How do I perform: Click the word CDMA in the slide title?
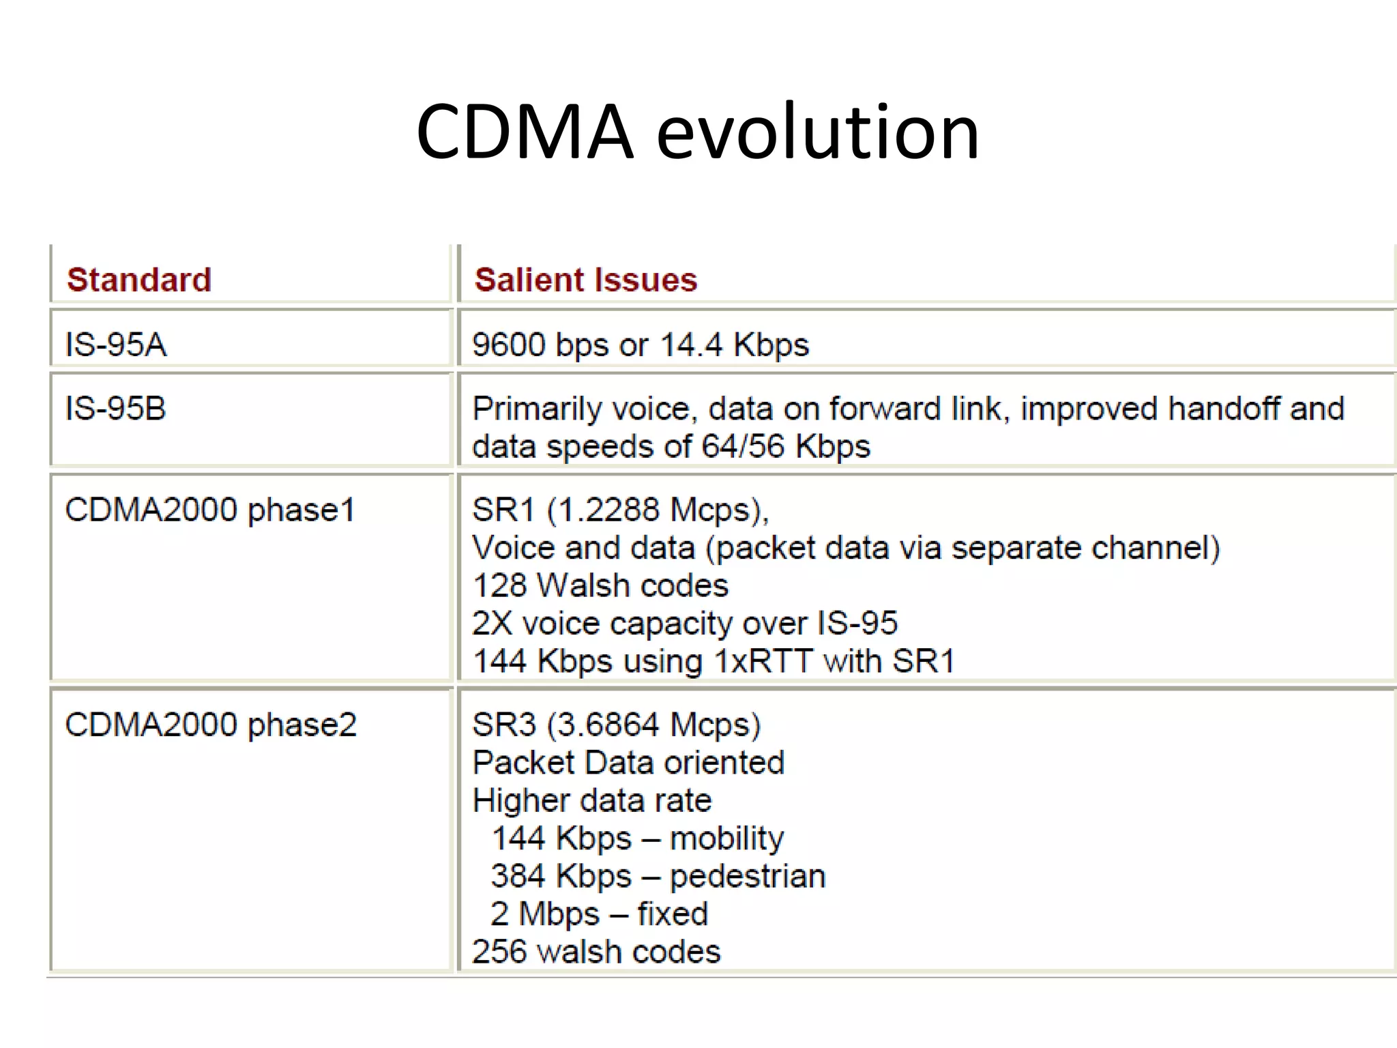525,131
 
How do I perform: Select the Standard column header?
139,280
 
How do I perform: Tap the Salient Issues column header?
586,280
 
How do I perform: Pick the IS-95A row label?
115,344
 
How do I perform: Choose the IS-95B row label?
115,408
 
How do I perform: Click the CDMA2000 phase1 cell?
210,510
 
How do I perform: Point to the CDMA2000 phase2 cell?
210,725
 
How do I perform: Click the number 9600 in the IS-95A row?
509,344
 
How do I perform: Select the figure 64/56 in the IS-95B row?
744,446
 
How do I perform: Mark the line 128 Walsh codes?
600,585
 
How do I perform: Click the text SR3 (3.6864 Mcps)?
616,725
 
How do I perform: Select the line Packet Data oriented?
628,762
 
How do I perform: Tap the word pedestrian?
748,876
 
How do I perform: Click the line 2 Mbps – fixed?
599,914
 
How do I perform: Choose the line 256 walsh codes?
596,951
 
